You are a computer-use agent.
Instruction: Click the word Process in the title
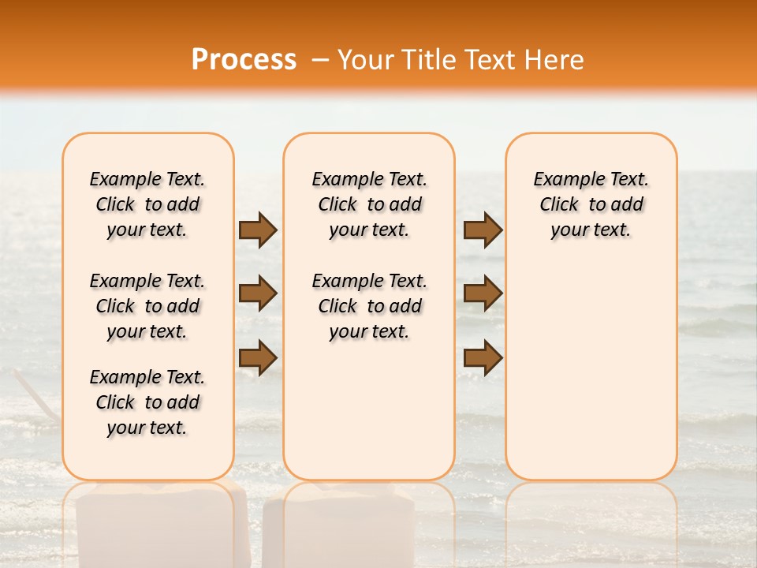coord(243,60)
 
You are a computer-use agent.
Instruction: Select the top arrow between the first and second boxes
coord(258,230)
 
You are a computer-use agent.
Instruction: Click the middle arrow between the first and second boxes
coord(258,293)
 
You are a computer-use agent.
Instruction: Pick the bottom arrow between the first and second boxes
coord(258,357)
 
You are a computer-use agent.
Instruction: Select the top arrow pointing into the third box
coord(483,230)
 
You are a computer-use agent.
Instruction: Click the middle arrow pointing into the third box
coord(483,293)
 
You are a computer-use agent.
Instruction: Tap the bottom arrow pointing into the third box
coord(483,357)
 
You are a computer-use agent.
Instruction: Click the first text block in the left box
coord(147,204)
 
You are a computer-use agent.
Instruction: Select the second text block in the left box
coord(147,306)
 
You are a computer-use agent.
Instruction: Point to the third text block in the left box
coord(147,402)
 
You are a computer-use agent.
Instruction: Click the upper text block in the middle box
coord(369,204)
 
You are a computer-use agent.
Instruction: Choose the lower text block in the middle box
coord(369,306)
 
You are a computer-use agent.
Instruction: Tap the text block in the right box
coord(591,204)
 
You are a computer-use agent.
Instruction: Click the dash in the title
coord(320,60)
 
